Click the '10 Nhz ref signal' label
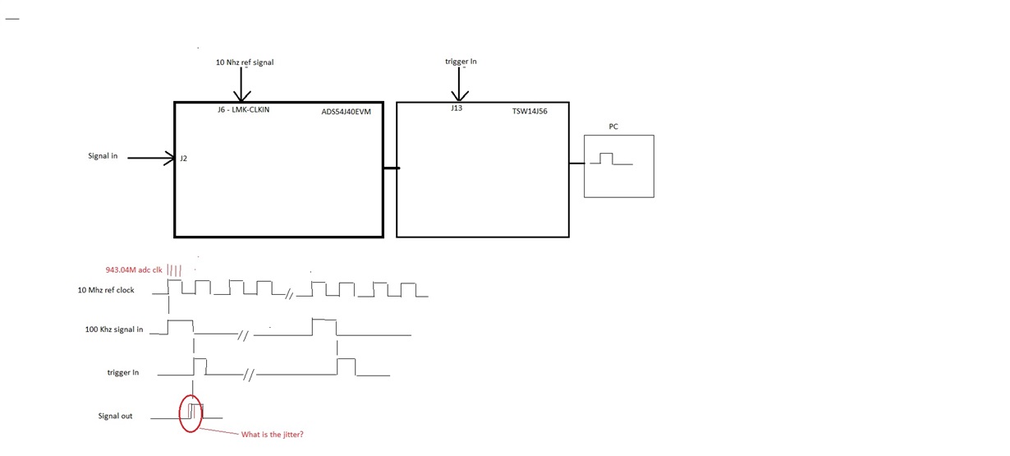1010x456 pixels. [x=245, y=62]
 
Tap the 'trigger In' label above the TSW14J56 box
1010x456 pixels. [x=461, y=62]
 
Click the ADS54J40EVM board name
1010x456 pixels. [x=347, y=113]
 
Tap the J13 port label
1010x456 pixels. [x=457, y=108]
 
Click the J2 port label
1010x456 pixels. [x=183, y=159]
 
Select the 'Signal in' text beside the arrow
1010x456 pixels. [x=103, y=156]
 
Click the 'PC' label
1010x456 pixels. [x=613, y=127]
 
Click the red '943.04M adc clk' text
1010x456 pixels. [x=135, y=269]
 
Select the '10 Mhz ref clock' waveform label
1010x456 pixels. [x=106, y=290]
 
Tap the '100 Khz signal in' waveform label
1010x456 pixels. [x=113, y=329]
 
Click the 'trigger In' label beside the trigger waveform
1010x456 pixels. [x=123, y=372]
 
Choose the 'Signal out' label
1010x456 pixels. [x=115, y=416]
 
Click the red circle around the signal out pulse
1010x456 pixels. [x=181, y=413]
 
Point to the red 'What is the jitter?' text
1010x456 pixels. [x=272, y=434]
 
